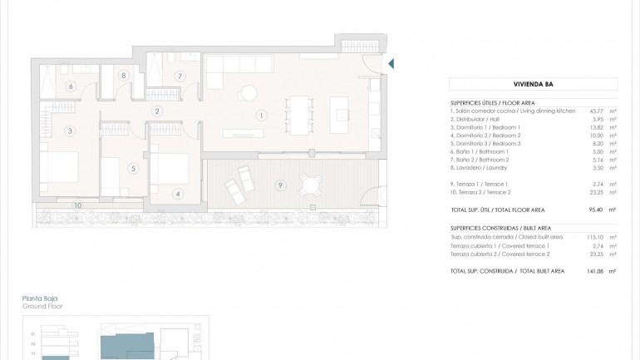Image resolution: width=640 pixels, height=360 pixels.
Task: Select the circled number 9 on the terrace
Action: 280,184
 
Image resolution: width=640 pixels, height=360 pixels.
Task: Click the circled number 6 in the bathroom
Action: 71,86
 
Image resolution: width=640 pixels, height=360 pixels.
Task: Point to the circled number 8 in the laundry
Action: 123,76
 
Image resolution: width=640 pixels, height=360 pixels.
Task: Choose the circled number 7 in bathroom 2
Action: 179,76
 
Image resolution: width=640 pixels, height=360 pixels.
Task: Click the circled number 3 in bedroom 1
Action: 70,131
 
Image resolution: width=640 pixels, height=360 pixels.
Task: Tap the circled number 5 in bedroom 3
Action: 132,168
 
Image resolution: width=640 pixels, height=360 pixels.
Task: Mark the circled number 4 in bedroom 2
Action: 177,194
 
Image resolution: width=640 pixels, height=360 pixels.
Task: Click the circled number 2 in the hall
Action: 156,111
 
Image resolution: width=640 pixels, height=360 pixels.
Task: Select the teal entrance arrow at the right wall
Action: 391,63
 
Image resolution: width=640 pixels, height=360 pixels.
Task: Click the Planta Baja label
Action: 41,298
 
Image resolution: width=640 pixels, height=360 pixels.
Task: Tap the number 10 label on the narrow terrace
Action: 76,205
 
